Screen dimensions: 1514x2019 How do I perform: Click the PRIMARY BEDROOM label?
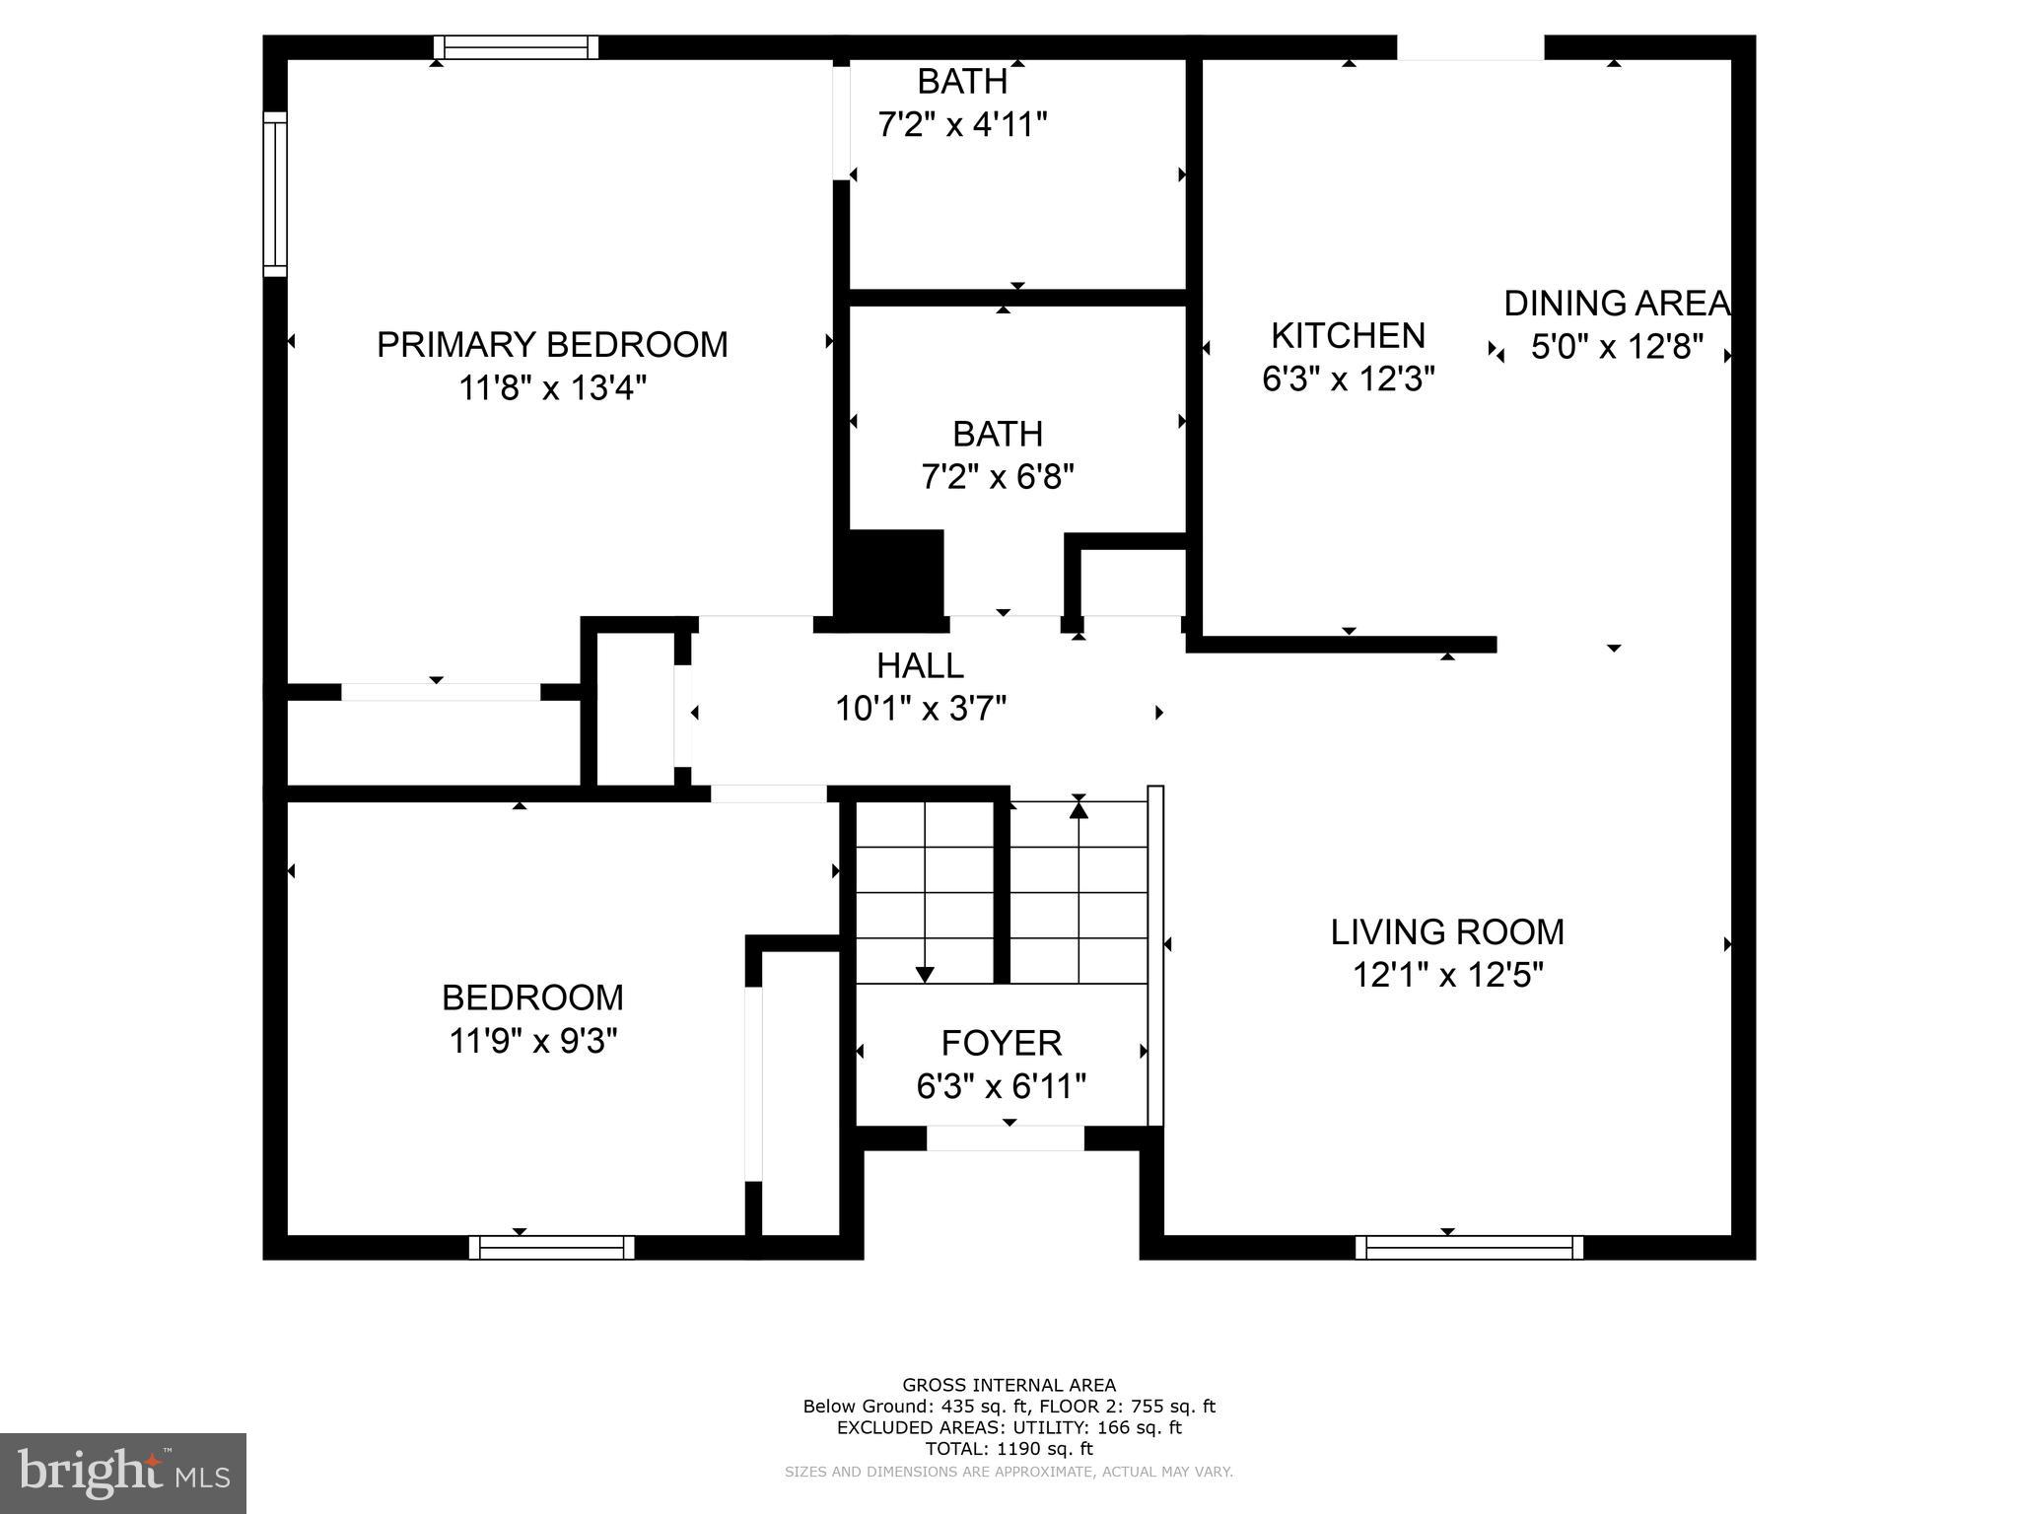coord(552,344)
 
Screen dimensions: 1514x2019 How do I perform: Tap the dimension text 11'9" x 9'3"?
coord(532,1041)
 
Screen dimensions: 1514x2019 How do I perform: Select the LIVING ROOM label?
coord(1447,931)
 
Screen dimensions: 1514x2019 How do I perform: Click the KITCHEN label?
coord(1348,336)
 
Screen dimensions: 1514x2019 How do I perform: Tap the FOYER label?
coord(1001,1043)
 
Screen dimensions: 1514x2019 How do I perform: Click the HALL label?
coord(920,666)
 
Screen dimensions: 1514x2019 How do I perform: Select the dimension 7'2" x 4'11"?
coord(962,125)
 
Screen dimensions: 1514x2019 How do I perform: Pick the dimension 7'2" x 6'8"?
coord(998,477)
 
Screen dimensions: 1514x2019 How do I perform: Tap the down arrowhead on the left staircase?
coord(925,974)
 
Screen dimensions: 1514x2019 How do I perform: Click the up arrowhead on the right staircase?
coord(1079,810)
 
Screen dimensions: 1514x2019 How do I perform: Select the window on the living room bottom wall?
coord(1469,1247)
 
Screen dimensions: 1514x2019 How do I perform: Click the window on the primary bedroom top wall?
coord(517,47)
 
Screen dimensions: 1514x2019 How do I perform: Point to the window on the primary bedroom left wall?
coord(275,193)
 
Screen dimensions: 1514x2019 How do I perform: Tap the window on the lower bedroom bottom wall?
coord(552,1247)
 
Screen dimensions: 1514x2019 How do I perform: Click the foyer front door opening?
coord(1005,1138)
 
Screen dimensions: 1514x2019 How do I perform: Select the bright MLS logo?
coord(123,1473)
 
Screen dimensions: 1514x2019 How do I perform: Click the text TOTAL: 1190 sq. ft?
coord(1009,1449)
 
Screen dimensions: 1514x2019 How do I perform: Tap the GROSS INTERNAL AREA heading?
coord(1009,1385)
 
